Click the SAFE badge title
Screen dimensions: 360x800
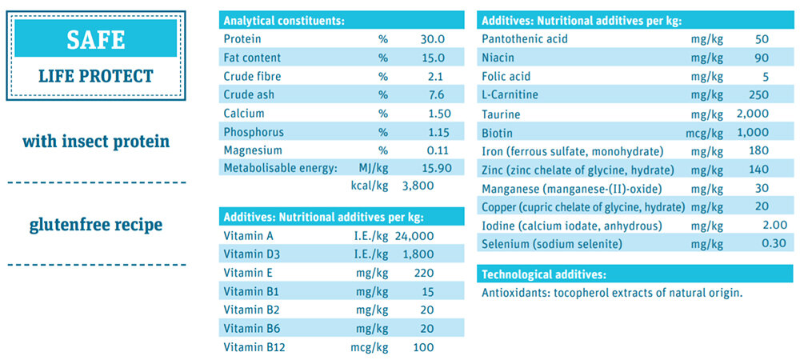95,38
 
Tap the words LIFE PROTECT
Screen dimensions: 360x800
95,77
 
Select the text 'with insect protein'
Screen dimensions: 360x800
96,142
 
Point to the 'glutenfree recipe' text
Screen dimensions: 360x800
96,225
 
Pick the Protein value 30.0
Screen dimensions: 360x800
432,38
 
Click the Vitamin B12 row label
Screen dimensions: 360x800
254,347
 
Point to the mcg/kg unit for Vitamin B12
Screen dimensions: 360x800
370,347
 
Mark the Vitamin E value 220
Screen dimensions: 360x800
423,273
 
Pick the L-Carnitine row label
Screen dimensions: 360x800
510,95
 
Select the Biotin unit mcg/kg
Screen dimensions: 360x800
707,133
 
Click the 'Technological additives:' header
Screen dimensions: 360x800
543,274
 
